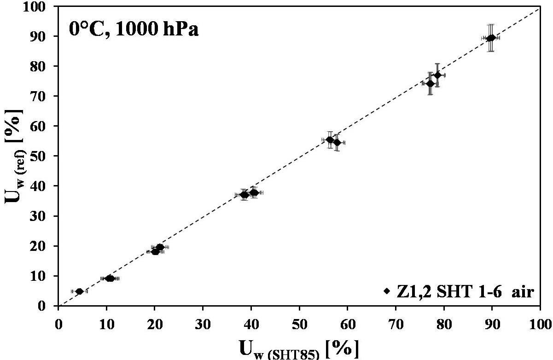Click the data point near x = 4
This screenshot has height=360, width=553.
click(x=79, y=291)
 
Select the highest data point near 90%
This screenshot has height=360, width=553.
click(x=492, y=38)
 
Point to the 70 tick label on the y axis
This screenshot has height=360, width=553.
click(x=45, y=96)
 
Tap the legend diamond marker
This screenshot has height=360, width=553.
click(x=387, y=291)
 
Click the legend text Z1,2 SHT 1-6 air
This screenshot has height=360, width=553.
click(x=465, y=291)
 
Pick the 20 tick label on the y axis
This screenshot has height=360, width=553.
click(x=45, y=246)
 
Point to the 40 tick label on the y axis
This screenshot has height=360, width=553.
click(x=45, y=186)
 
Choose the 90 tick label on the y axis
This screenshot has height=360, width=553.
click(x=45, y=36)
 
